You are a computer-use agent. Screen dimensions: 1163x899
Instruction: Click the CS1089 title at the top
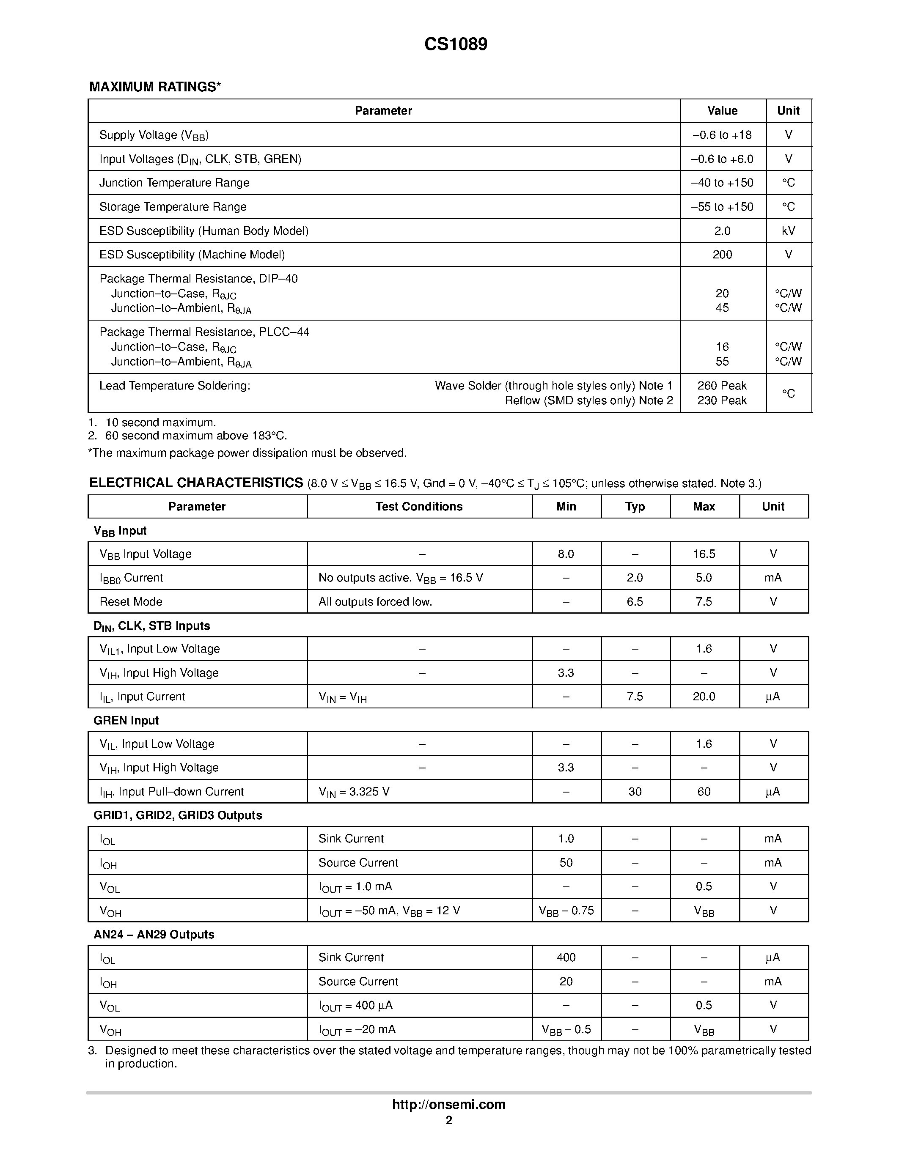pos(455,44)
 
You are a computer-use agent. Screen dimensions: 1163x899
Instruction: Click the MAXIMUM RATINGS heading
pos(155,87)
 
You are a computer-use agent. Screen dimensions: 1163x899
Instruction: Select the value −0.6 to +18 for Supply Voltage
pos(722,135)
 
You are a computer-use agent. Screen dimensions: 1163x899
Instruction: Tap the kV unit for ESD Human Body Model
pos(788,230)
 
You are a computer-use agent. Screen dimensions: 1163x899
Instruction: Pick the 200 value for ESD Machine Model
pos(722,255)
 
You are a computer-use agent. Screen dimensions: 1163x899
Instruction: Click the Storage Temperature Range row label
pos(173,207)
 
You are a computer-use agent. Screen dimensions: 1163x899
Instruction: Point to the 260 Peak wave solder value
pos(722,386)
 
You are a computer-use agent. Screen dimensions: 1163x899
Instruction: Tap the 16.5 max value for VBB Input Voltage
pos(704,554)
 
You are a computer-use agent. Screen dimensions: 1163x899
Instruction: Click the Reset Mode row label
pos(131,602)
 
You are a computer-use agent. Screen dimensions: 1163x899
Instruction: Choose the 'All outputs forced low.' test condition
pos(376,602)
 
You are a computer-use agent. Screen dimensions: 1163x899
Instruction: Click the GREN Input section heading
pos(126,721)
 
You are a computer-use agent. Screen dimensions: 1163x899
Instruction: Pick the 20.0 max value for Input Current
pos(704,697)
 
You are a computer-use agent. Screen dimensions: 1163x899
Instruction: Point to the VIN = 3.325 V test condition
pos(354,792)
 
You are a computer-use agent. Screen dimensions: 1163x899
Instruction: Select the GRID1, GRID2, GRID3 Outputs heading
pos(178,815)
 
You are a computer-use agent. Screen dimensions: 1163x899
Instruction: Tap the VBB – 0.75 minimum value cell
pos(566,911)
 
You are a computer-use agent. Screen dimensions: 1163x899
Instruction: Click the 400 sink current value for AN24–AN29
pos(566,957)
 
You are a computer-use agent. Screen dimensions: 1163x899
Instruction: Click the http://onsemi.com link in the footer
pos(448,1104)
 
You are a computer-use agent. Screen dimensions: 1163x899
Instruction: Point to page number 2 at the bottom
pos(449,1120)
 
